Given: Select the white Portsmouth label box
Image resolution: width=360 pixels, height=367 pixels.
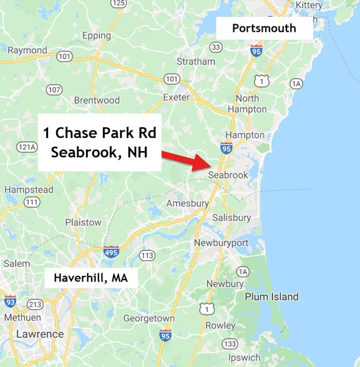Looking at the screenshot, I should (264, 28).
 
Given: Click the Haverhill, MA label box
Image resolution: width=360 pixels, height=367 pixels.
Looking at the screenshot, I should (90, 278).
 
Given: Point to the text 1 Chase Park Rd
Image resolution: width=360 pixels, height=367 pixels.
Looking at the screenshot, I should (100, 133).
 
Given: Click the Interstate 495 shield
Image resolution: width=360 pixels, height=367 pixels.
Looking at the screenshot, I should (112, 252).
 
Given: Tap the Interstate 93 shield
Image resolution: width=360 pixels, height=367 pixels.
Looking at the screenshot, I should (10, 301).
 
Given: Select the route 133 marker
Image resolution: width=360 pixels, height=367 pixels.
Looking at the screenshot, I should (230, 344).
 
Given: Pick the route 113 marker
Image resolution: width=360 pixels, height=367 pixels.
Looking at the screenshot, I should (147, 255).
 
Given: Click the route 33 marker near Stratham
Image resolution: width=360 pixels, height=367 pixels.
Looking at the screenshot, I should (216, 47).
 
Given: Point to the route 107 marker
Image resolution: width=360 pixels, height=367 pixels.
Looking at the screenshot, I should (54, 90).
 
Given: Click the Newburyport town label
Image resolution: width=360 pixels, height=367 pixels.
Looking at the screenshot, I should (221, 242).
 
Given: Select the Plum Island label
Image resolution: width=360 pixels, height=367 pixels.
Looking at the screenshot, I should (271, 296).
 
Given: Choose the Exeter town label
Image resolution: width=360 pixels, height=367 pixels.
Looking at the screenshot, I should (175, 97).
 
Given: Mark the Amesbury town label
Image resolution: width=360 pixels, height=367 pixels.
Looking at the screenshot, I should (186, 204).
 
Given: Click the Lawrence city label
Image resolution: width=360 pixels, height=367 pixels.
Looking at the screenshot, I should (40, 334).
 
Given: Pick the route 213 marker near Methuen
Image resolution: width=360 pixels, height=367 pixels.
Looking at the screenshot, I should (35, 305).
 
